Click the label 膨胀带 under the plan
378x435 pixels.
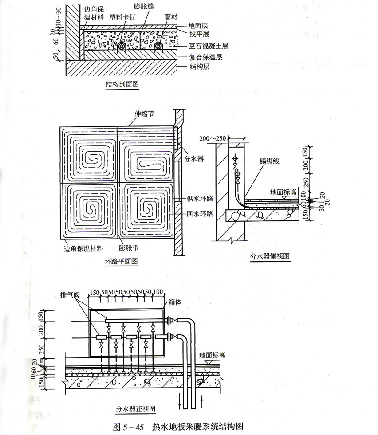(x=128, y=247)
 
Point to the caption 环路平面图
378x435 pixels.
(x=121, y=261)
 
